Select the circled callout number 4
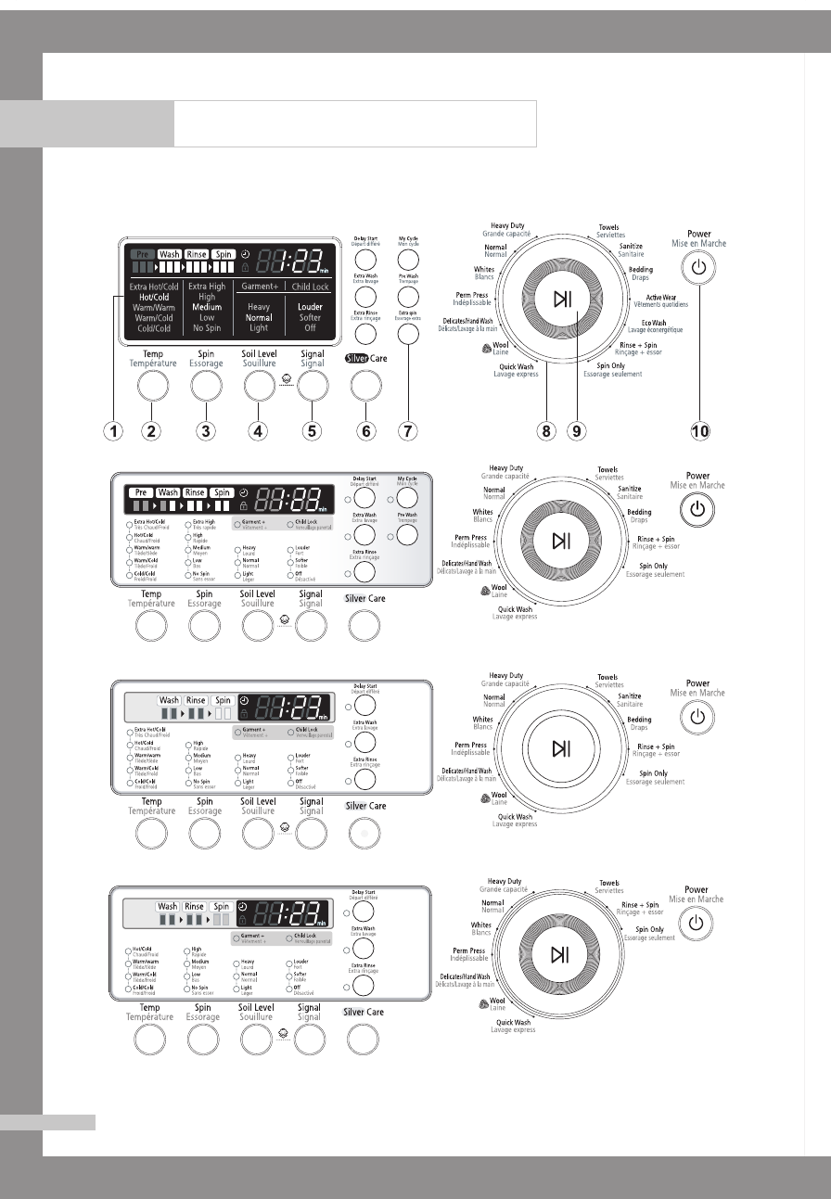coord(259,430)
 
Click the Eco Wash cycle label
coord(656,325)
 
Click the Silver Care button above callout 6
coord(366,383)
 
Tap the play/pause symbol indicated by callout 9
coord(562,299)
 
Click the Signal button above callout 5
coord(312,383)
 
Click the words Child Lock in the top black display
coord(311,287)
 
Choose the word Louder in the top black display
coord(310,307)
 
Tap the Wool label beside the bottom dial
coord(495,1001)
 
